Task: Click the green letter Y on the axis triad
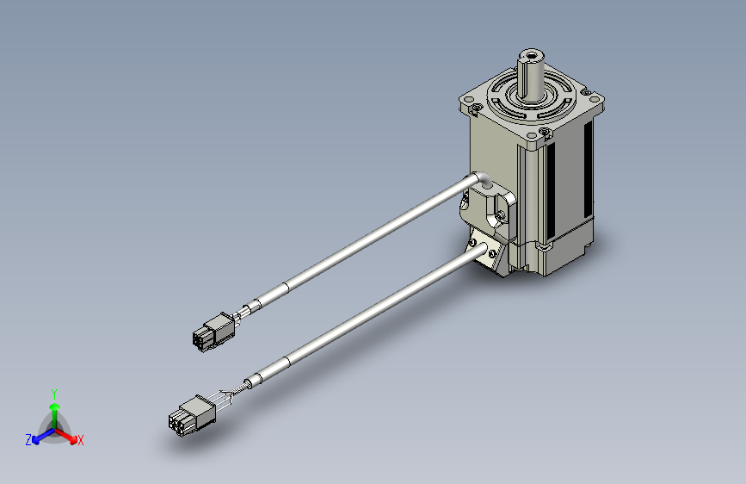point(54,394)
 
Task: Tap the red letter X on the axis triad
point(80,440)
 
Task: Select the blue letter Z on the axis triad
point(28,440)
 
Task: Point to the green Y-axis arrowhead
point(55,407)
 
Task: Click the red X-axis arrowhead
point(73,440)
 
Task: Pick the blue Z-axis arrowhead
point(36,440)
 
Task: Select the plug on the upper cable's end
point(214,331)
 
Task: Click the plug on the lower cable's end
point(191,415)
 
